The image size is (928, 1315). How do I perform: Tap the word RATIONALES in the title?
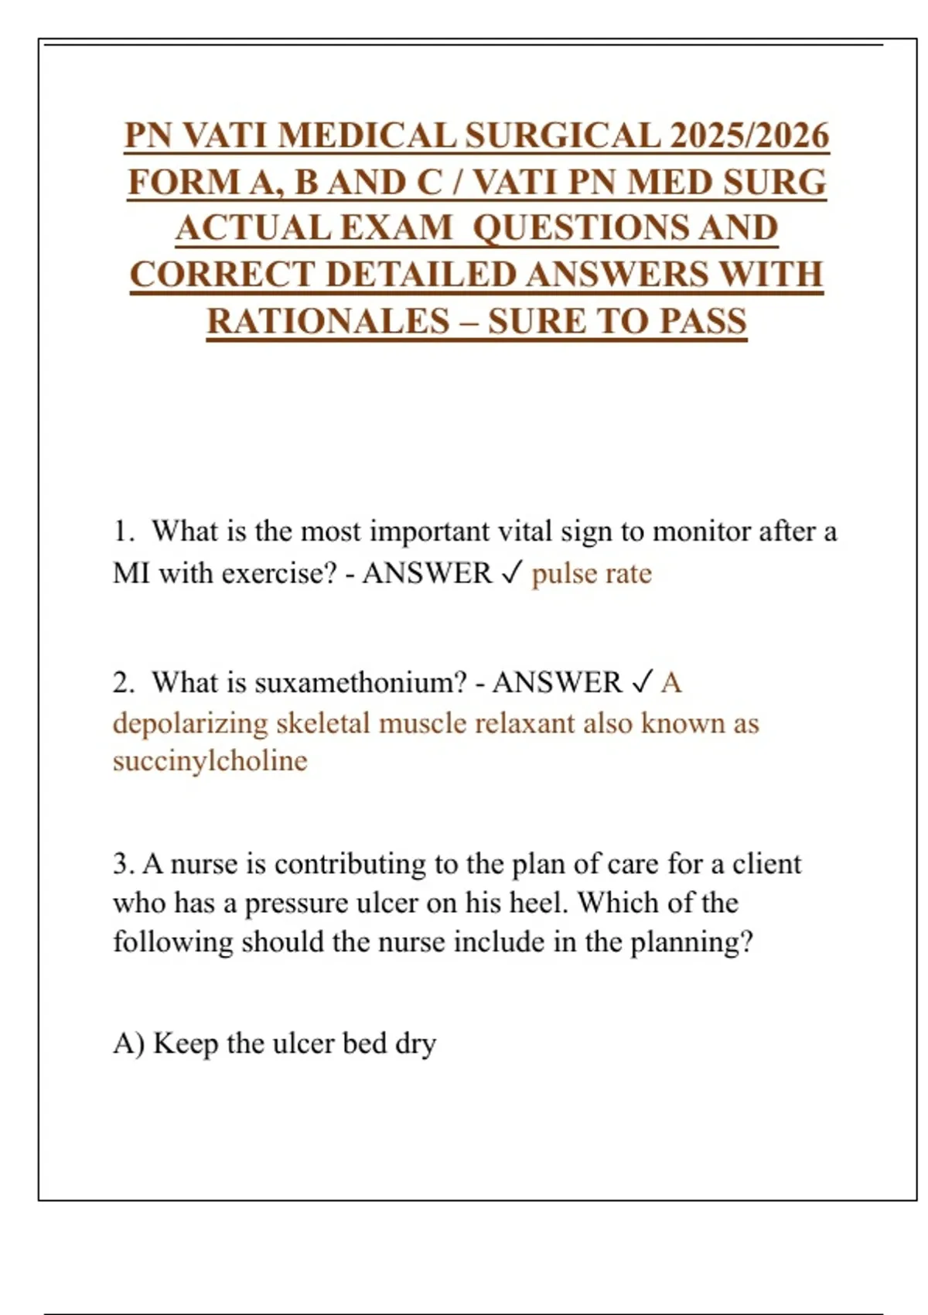pos(328,322)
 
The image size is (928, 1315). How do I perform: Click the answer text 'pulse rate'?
pos(592,574)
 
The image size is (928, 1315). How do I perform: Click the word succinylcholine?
pos(210,761)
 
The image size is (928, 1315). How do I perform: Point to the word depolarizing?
pos(190,723)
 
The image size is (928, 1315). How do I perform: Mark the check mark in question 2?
pos(642,682)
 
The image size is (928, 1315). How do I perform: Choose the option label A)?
pos(128,1043)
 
